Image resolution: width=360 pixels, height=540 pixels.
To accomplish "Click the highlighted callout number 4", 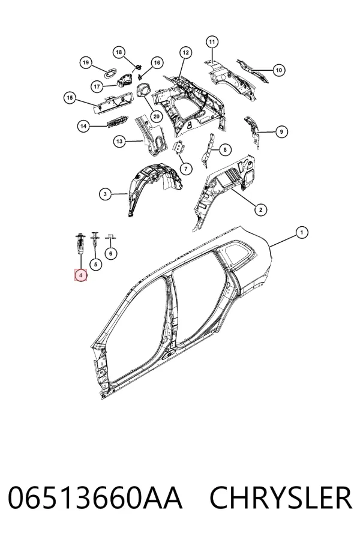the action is point(80,275).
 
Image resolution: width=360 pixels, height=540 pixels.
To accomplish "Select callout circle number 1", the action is point(302,232).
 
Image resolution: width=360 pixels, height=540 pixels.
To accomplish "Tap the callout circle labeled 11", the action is point(212,42).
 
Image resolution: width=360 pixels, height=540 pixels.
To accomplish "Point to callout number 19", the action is point(86,62).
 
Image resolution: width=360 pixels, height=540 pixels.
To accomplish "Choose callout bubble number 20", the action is point(156,116).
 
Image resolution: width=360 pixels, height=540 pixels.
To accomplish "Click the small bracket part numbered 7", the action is point(179,148).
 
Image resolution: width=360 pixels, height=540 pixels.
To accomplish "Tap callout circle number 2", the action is point(260,209).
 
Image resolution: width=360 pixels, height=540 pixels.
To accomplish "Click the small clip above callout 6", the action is point(110,236).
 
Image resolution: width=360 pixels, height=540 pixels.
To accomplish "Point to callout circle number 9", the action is point(281,131).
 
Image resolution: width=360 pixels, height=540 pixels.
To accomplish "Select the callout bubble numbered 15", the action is point(70,98).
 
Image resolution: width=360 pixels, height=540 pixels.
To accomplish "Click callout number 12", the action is point(185,53).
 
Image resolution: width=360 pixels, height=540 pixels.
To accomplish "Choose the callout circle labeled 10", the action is point(278,70).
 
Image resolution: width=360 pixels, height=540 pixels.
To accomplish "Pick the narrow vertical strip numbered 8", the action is point(209,149).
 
